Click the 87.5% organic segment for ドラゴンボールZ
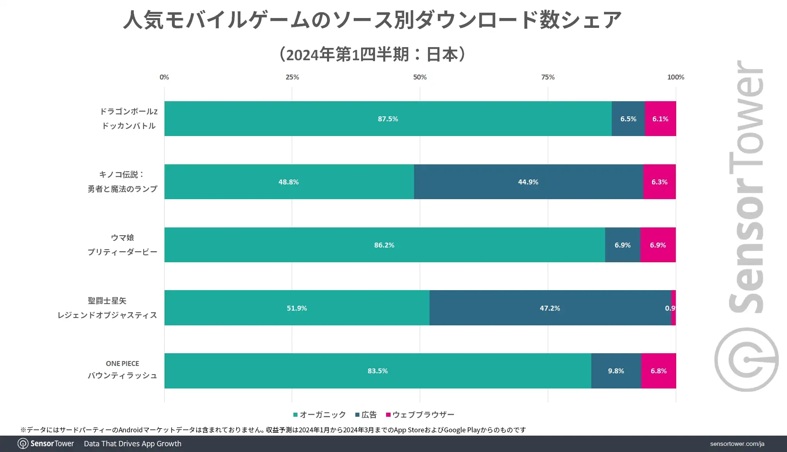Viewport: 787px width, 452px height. [x=388, y=118]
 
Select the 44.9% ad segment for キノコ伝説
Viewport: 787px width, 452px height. [x=528, y=182]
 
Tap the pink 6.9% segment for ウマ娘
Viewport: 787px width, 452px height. [x=658, y=245]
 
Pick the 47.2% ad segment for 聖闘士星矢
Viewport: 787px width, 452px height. [x=550, y=308]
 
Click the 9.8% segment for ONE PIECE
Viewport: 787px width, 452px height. [x=616, y=370]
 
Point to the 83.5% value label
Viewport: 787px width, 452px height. [x=377, y=371]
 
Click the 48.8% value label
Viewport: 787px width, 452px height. [x=288, y=182]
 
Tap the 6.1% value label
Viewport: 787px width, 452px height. [x=660, y=119]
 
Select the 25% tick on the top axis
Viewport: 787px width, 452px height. [x=292, y=77]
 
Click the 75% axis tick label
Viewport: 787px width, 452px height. [x=548, y=77]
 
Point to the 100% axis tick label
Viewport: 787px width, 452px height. [x=675, y=77]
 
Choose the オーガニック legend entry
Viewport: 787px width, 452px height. [x=320, y=415]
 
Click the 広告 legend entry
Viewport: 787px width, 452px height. [x=366, y=415]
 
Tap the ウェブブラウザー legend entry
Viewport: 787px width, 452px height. [x=420, y=415]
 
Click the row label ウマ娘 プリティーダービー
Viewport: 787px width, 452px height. [x=122, y=245]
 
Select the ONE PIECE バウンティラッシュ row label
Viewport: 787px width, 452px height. [x=122, y=370]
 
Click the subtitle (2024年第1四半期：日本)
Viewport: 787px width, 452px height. [x=372, y=54]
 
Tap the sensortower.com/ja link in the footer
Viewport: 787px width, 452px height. [x=737, y=444]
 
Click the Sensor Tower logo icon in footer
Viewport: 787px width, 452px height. [x=23, y=444]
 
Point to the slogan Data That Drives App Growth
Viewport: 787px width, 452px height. [x=133, y=444]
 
